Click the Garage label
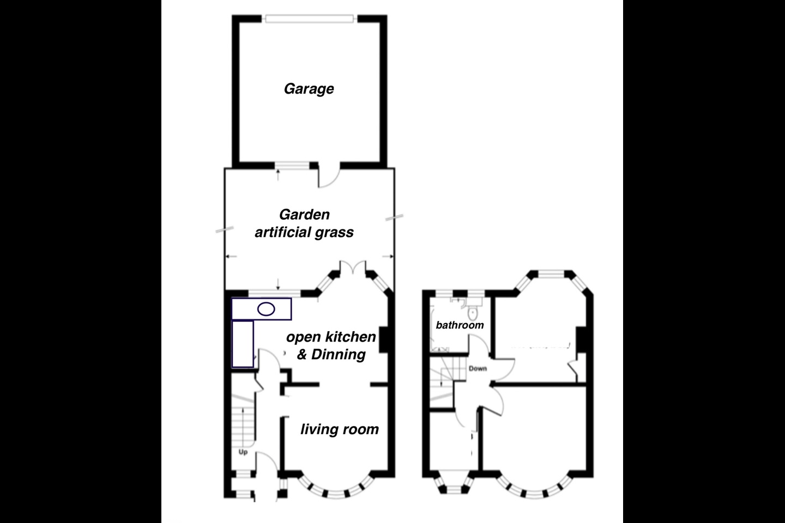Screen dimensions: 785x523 tap(309, 89)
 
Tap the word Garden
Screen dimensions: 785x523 tap(304, 215)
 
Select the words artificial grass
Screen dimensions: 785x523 tap(304, 232)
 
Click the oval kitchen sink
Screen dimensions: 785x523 tap(266, 309)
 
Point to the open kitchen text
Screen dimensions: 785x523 tap(331, 337)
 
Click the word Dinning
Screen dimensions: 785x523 tap(339, 355)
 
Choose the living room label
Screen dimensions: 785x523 tap(340, 429)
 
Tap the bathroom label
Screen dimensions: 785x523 tap(460, 325)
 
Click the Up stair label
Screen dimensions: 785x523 tap(243, 452)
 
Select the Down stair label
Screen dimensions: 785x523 tap(478, 368)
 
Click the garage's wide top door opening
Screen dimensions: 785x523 tap(310, 19)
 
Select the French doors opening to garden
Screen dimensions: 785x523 tap(353, 267)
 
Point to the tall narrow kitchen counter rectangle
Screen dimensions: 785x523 tap(243, 344)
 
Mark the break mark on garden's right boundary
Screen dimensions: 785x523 tap(394, 217)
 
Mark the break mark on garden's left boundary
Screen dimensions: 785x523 tap(225, 230)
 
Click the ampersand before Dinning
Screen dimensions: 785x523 tap(302, 355)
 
